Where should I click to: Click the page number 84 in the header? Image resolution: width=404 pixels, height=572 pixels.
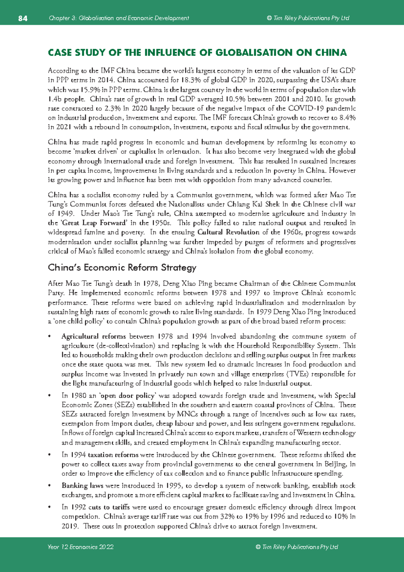point(23,18)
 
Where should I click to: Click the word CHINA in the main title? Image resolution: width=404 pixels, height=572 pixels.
point(331,53)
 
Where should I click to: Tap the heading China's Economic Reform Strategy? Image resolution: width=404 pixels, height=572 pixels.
point(122,268)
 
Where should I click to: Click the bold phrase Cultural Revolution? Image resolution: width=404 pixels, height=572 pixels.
point(228,232)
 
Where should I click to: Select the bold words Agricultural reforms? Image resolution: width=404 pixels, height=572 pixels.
point(94,337)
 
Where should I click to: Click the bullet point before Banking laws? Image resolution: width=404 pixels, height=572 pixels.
point(50,486)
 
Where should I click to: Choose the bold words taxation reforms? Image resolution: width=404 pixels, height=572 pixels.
point(113,455)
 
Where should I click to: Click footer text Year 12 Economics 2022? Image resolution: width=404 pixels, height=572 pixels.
point(80,547)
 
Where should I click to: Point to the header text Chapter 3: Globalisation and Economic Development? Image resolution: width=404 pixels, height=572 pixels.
point(119,18)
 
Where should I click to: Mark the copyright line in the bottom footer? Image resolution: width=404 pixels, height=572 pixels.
point(297,547)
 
